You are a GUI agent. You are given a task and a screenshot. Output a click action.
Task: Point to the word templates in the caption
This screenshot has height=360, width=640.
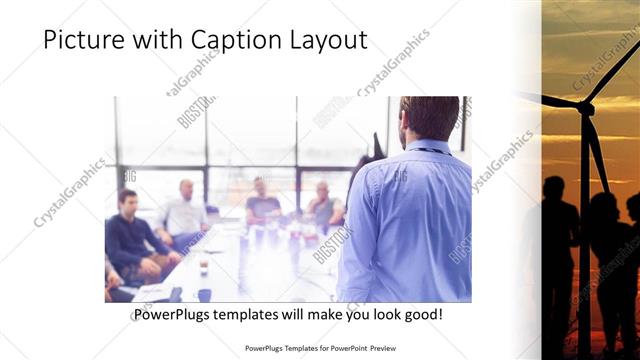coord(257,315)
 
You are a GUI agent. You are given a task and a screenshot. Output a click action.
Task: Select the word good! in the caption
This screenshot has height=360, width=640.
coord(420,315)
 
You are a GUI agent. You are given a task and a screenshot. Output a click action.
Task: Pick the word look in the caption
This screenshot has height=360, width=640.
coord(376,315)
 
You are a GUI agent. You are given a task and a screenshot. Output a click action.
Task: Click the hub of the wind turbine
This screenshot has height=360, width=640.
coord(584,104)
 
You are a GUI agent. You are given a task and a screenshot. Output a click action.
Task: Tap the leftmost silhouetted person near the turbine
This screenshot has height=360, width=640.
coord(558,240)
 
